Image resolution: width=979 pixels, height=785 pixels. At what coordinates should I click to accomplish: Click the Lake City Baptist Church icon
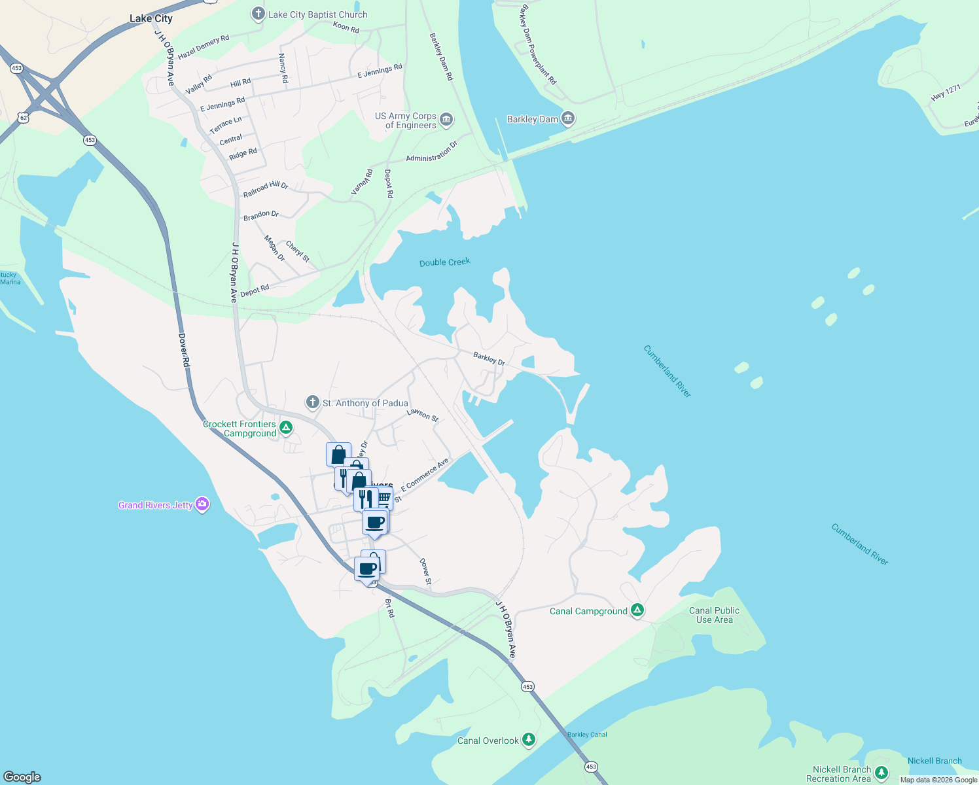click(258, 14)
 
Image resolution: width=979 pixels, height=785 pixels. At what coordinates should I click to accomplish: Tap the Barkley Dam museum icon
click(568, 118)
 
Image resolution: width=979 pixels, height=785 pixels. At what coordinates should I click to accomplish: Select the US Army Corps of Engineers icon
click(446, 119)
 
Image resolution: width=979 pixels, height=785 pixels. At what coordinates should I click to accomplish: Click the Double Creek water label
click(445, 262)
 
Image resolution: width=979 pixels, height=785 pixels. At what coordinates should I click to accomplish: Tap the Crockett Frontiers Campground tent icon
click(285, 428)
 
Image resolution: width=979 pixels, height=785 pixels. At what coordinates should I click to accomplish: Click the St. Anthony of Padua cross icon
click(313, 402)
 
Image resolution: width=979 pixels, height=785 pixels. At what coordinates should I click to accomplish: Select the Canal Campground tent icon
click(637, 610)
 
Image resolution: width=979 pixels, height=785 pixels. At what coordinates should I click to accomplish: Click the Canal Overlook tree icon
click(529, 740)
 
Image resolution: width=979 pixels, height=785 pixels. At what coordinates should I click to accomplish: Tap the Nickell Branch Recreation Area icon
click(881, 773)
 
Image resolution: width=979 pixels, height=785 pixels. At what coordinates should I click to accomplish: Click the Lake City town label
click(151, 18)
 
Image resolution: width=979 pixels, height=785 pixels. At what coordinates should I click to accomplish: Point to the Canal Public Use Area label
click(714, 615)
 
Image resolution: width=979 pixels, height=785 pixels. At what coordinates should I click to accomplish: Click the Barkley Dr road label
click(489, 358)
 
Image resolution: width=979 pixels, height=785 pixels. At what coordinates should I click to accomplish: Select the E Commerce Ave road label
click(425, 474)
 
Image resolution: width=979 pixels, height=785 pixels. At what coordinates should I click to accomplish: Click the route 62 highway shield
click(24, 118)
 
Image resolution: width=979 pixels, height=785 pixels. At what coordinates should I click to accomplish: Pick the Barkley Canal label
click(587, 735)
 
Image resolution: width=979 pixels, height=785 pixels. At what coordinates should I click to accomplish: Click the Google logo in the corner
click(22, 776)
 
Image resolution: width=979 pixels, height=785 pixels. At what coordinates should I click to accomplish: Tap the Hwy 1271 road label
click(946, 93)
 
